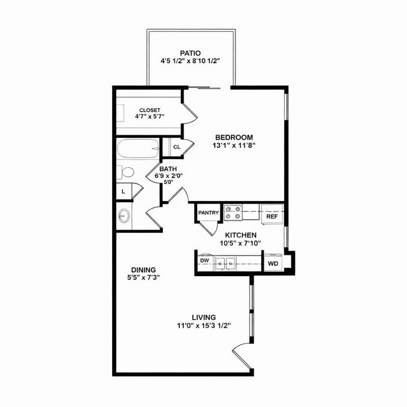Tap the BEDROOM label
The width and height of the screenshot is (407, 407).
[x=234, y=137]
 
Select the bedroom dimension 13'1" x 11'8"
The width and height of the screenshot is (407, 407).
[x=234, y=146]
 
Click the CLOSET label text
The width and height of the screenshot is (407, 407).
[x=150, y=110]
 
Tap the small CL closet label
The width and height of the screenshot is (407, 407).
[x=177, y=147]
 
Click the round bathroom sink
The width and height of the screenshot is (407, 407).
[x=124, y=217]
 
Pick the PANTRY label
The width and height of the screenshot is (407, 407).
[x=209, y=213]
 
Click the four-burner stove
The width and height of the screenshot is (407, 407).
[x=234, y=213]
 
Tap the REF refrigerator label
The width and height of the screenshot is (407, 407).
[x=272, y=216]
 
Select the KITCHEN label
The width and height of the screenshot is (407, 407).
[x=241, y=235]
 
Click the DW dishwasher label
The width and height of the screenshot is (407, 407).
[x=204, y=260]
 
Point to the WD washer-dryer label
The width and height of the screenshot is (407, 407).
[x=273, y=264]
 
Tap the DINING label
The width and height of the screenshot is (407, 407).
[x=143, y=270]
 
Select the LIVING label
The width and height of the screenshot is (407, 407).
[x=204, y=317]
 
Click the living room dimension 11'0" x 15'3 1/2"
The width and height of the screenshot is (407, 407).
[x=204, y=326]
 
